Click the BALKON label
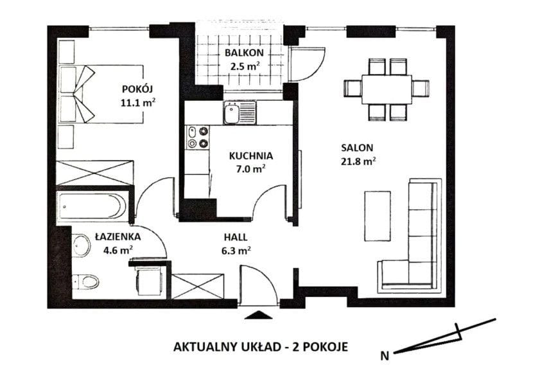[244, 53]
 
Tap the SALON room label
[357, 148]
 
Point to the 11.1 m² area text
[137, 102]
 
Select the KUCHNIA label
[251, 156]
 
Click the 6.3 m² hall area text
[236, 251]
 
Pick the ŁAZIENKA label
[118, 237]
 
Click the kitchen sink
[240, 112]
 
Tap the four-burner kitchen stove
[198, 137]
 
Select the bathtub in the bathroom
[92, 207]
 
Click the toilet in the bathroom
[85, 281]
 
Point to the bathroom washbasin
[82, 245]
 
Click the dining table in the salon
[387, 89]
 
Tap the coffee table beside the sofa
[378, 217]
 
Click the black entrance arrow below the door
[258, 315]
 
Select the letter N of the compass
[385, 356]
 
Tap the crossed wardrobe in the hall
[198, 286]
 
